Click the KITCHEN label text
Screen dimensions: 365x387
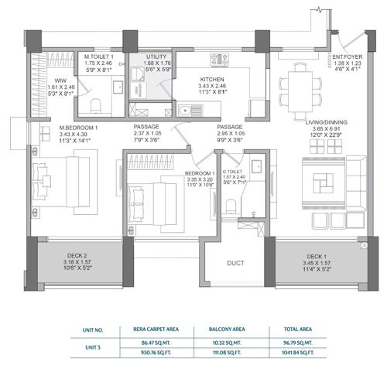(213, 79)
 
